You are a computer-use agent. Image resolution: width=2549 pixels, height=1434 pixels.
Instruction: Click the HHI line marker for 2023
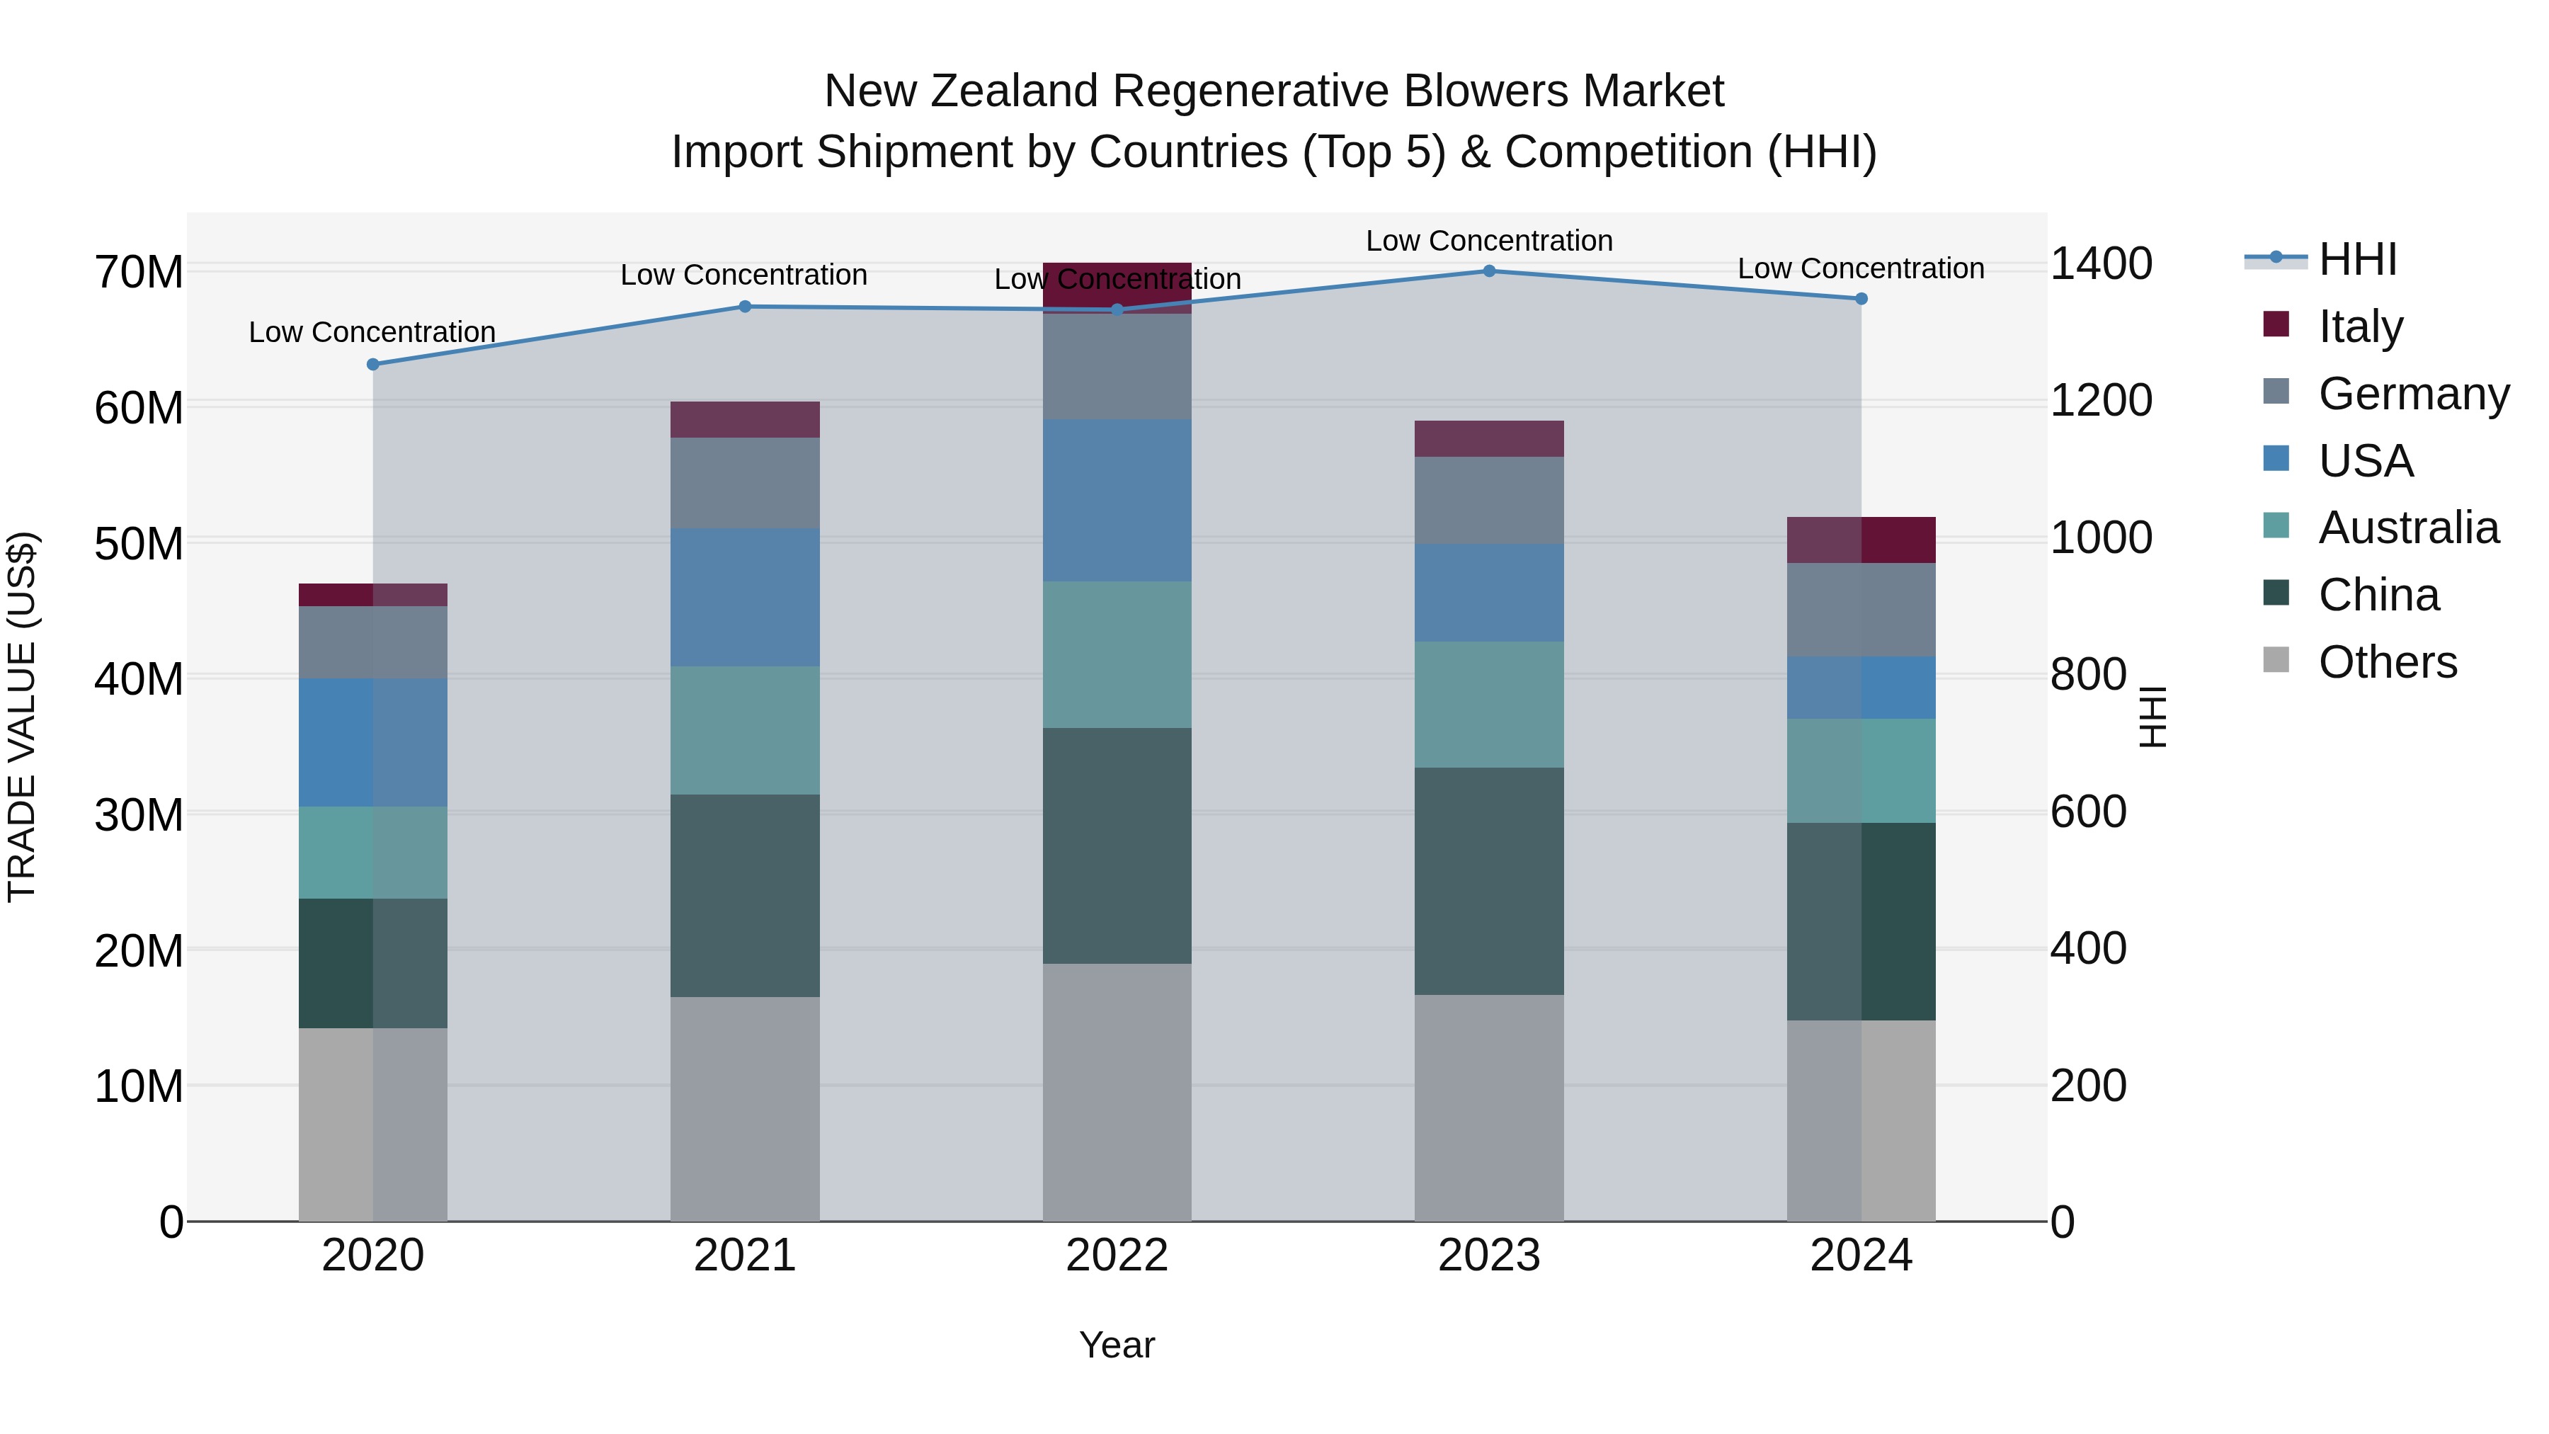click(x=1488, y=271)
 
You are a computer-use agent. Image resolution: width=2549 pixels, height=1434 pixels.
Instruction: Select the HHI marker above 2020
click(x=373, y=364)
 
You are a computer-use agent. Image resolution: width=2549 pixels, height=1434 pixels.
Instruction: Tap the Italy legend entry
click(x=2360, y=326)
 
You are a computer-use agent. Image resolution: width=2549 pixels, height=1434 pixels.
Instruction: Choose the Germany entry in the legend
click(x=2412, y=394)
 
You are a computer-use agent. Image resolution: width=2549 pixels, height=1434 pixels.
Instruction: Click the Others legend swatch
click(x=2276, y=660)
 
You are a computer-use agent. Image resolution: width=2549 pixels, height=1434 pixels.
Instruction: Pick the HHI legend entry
click(x=2357, y=259)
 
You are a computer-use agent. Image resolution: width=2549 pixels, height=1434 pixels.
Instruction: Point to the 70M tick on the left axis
click(x=139, y=272)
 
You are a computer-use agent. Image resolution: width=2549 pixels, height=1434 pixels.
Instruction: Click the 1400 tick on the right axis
click(x=2101, y=264)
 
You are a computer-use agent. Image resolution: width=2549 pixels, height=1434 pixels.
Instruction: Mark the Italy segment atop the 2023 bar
click(x=1488, y=438)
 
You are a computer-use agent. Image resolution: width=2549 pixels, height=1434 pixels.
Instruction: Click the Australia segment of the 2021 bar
click(x=744, y=730)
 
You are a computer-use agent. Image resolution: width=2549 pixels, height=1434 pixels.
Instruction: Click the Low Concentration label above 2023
click(x=1488, y=241)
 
